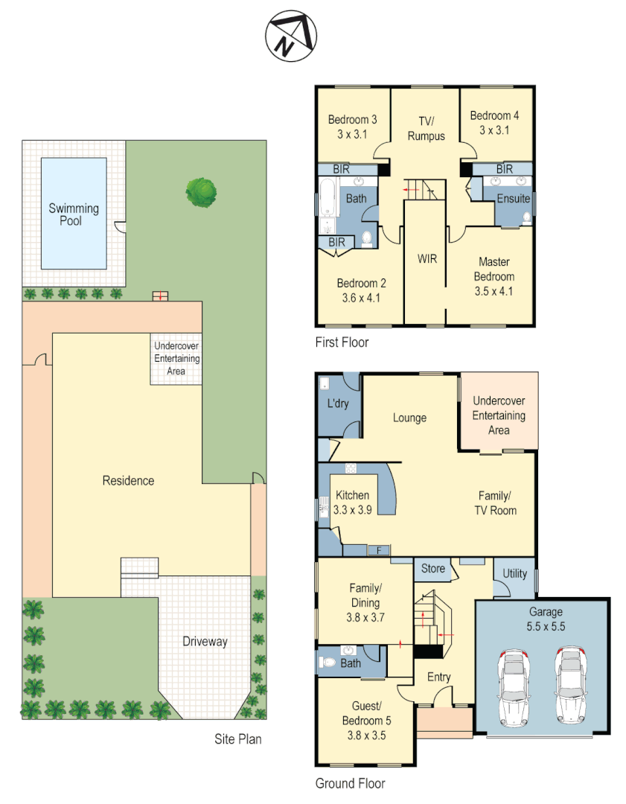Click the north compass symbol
[x=291, y=36]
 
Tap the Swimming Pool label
[x=74, y=214]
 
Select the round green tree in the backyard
[x=201, y=191]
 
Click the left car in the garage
[x=512, y=686]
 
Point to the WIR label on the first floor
[x=427, y=259]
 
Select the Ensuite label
[x=514, y=199]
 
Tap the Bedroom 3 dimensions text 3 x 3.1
[x=353, y=134]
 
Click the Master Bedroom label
[x=495, y=276]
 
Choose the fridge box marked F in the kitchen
[x=379, y=551]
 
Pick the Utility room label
[x=514, y=573]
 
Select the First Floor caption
[x=342, y=342]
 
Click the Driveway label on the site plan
[x=205, y=641]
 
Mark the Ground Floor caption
[x=350, y=783]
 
